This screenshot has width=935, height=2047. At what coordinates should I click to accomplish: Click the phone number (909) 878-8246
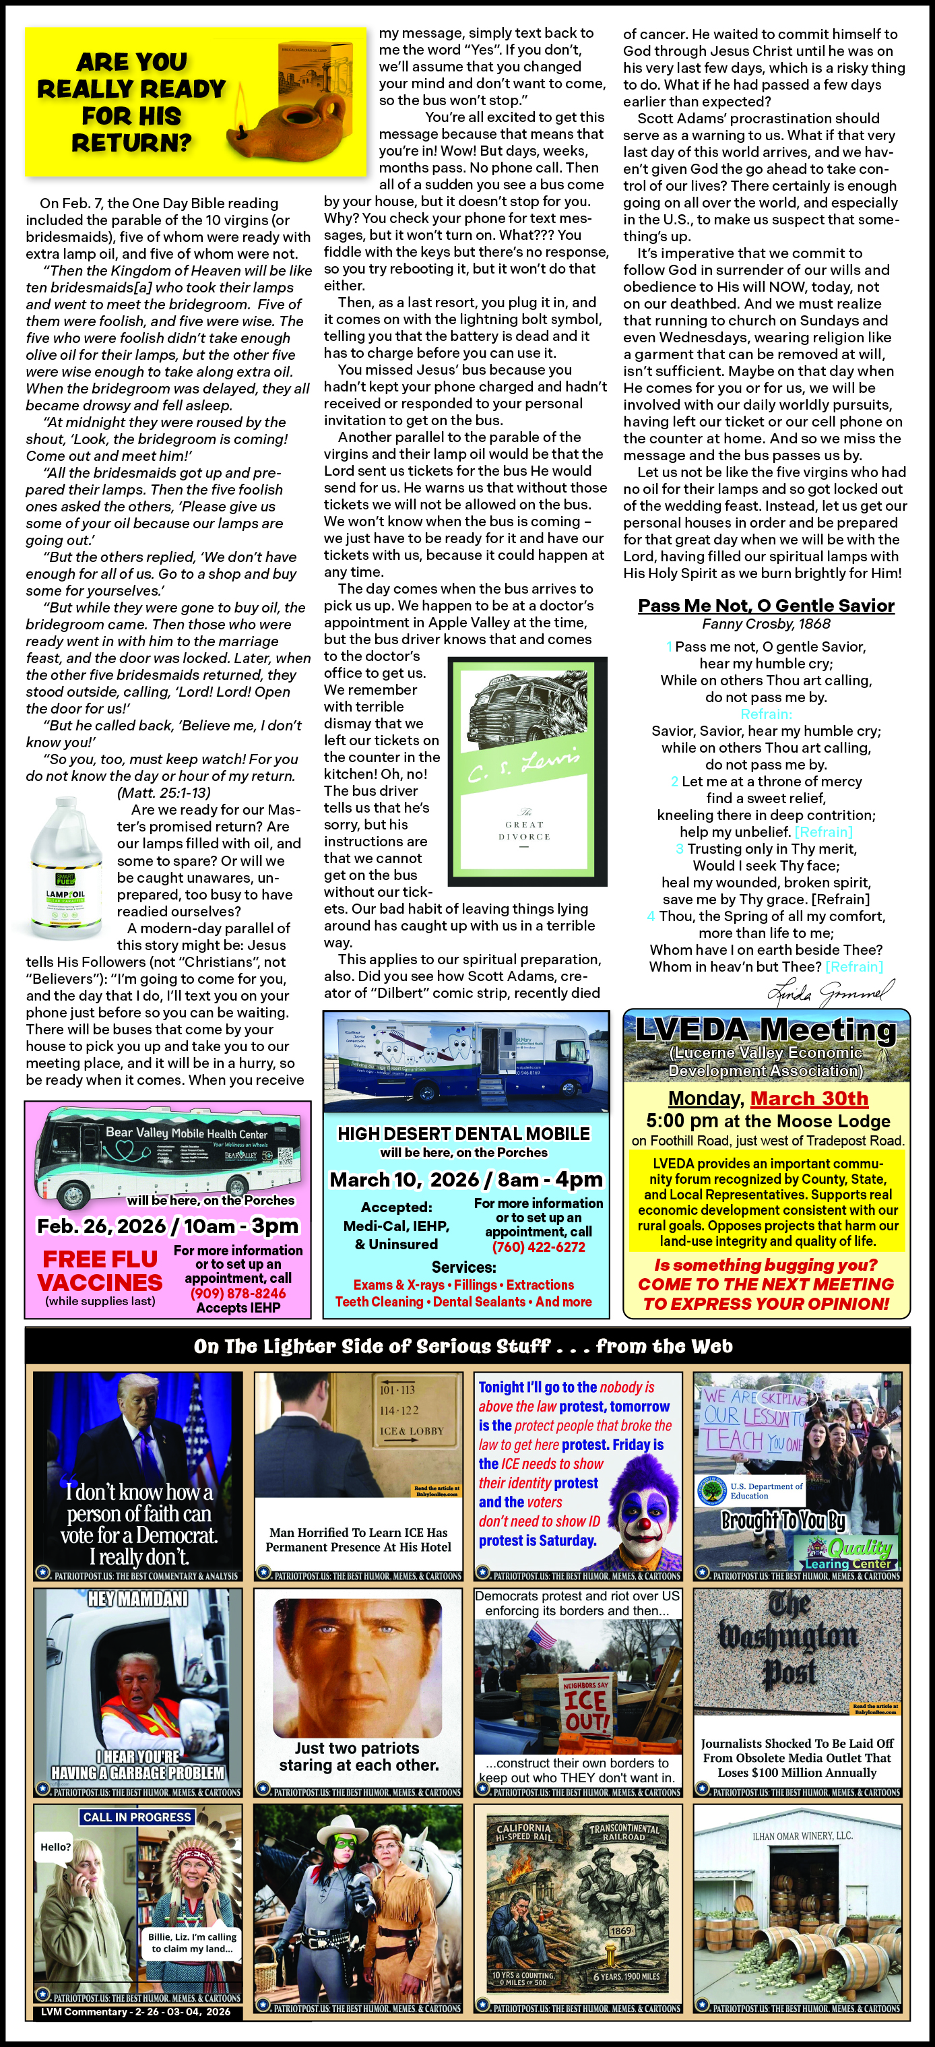point(238,1293)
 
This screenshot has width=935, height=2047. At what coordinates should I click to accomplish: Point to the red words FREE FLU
point(100,1259)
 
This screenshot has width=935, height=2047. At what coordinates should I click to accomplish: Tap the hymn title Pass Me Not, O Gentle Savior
point(766,606)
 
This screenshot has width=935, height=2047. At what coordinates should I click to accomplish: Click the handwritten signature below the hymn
point(829,992)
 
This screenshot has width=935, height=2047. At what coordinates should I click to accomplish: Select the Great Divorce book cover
point(527,771)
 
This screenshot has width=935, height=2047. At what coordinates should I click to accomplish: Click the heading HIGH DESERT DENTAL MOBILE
point(464,1134)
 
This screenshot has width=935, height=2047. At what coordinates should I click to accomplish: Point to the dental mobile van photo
point(465,1060)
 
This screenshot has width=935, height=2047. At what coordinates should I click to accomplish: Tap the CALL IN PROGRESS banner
point(137,1817)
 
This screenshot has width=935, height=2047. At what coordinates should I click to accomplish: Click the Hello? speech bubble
point(56,1847)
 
